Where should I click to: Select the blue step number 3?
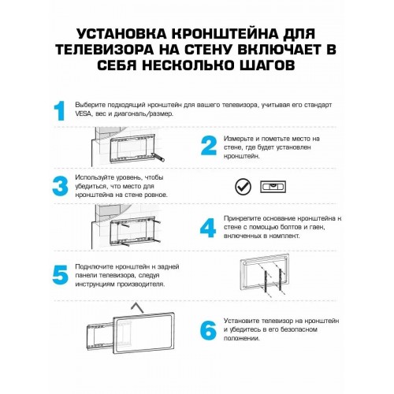click(59, 186)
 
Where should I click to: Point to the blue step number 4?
click(207, 227)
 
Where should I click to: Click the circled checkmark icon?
click(243, 186)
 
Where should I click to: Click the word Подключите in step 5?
click(95, 267)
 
